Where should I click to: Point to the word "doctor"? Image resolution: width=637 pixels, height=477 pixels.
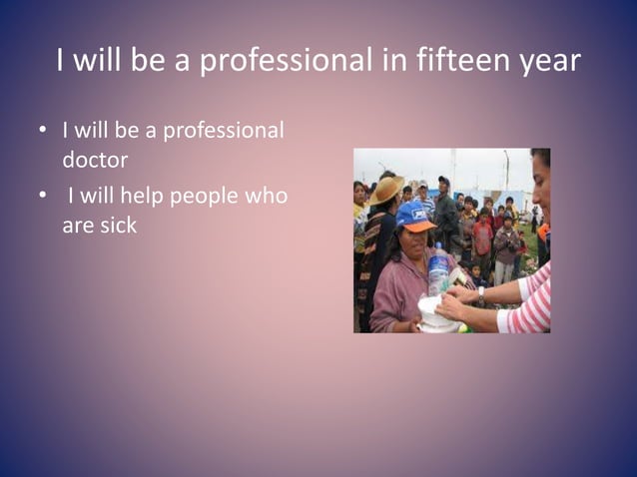pyautogui.click(x=95, y=160)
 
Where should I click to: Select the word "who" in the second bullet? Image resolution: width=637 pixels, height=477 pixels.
pyautogui.click(x=267, y=197)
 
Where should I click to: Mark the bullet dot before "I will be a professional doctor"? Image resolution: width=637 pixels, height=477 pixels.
pyautogui.click(x=42, y=132)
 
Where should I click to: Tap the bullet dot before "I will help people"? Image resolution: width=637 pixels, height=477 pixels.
pyautogui.click(x=42, y=197)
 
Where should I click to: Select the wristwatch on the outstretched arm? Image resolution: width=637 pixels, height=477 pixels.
pyautogui.click(x=481, y=296)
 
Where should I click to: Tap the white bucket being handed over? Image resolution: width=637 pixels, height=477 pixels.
pyautogui.click(x=437, y=315)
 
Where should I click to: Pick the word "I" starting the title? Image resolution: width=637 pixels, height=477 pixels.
pyautogui.click(x=62, y=61)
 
